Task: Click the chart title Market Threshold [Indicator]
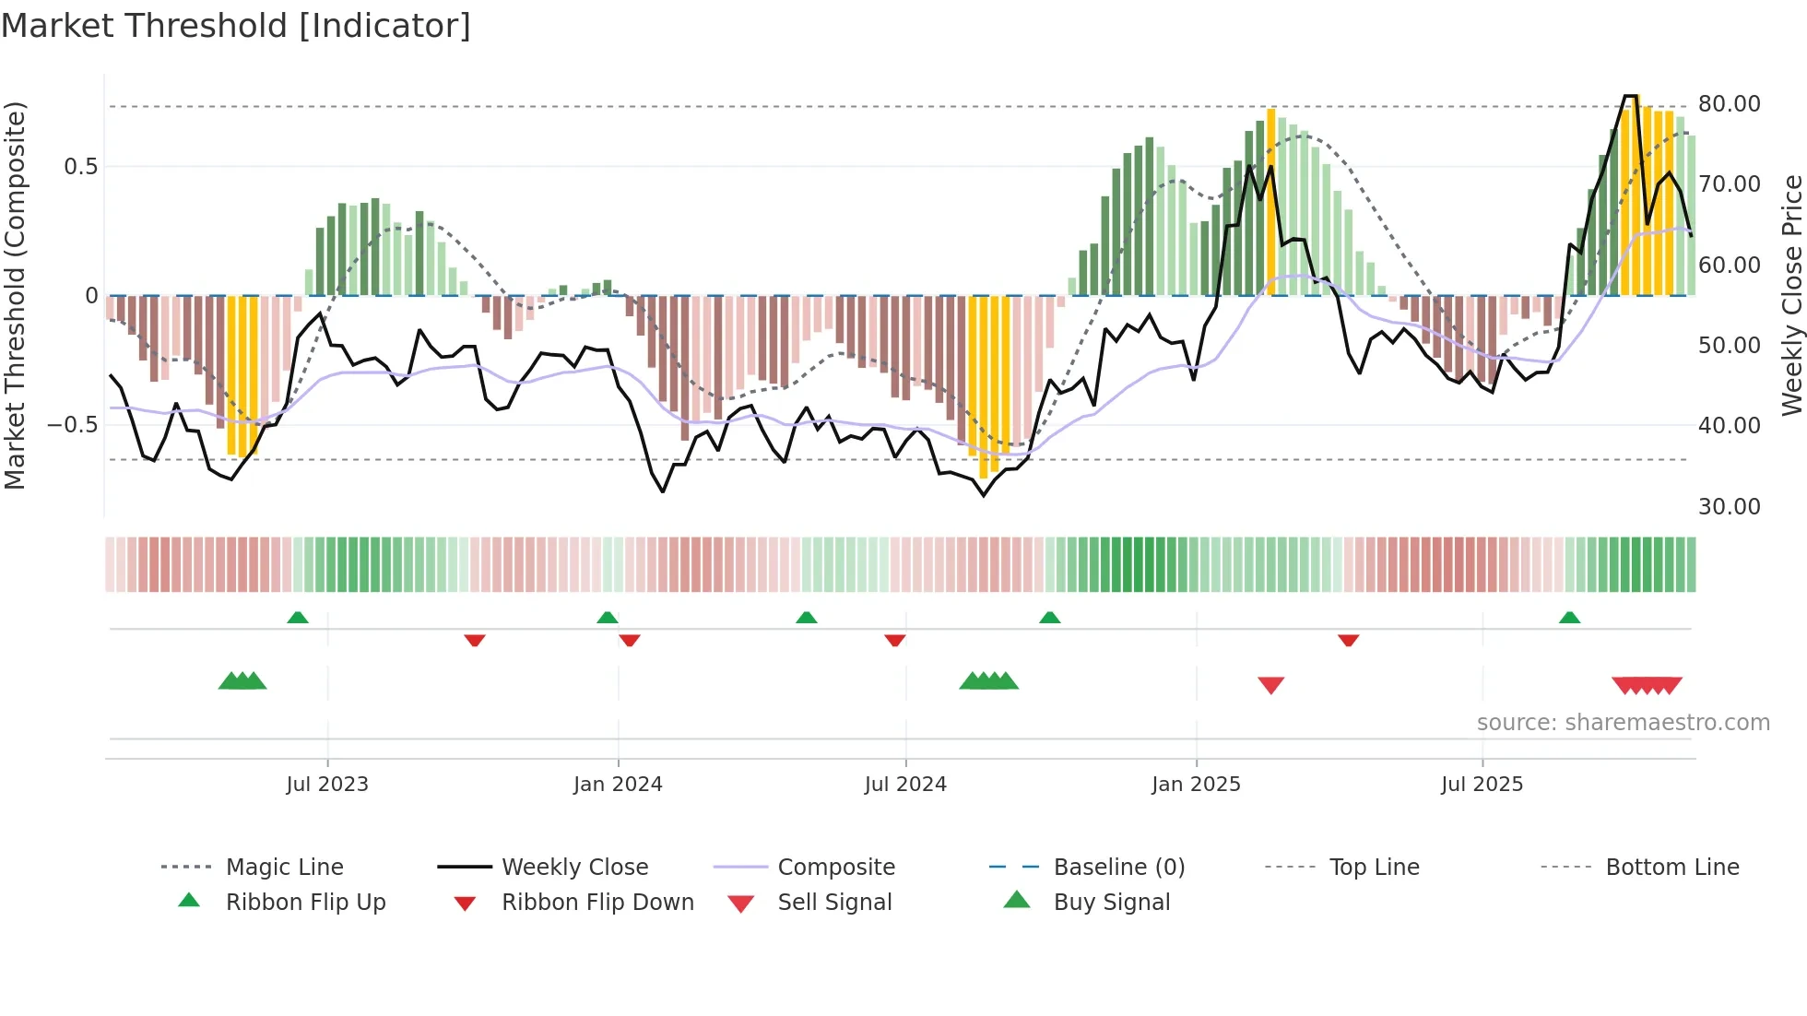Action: point(236,26)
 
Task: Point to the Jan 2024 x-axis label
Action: point(618,785)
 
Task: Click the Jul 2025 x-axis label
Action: point(1482,785)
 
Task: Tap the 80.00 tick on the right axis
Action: point(1729,104)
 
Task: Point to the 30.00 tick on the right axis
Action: point(1729,506)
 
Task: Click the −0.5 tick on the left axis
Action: point(72,425)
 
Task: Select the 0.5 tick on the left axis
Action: point(80,167)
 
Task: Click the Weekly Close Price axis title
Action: point(1790,295)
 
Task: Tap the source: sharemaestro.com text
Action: point(1623,723)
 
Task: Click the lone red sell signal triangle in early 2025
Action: point(1270,685)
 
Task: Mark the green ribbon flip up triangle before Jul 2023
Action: point(297,618)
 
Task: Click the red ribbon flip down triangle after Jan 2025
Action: point(1348,640)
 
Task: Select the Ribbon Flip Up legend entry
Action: point(304,902)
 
